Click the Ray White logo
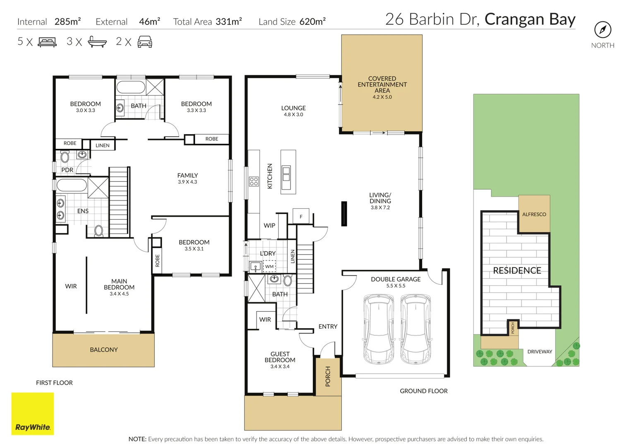tap(33, 413)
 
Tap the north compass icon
tap(603, 30)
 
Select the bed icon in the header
tap(47, 42)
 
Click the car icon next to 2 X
tap(145, 42)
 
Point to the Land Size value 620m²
tap(312, 22)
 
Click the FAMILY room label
tap(187, 175)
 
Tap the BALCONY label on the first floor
tap(104, 350)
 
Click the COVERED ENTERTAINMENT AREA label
tap(382, 84)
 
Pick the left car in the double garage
tap(378, 329)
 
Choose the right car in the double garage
tap(416, 329)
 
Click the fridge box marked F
tap(301, 216)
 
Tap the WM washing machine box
tap(269, 267)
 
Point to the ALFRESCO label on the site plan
tap(534, 214)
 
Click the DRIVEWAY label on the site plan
tap(540, 352)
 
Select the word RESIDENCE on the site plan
tap(517, 271)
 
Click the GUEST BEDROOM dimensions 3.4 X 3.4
tap(280, 367)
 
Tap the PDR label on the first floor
tap(67, 170)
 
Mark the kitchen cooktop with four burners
tap(254, 181)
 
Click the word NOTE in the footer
tap(137, 439)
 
